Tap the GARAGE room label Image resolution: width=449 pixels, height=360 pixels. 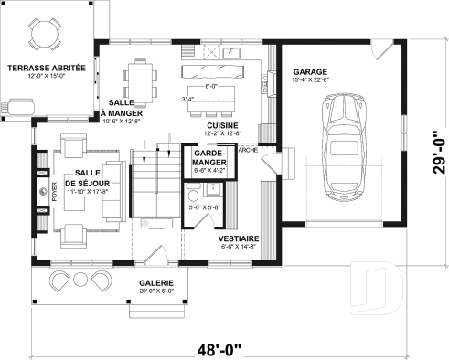coord(311,71)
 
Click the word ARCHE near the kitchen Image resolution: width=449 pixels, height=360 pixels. coord(247,151)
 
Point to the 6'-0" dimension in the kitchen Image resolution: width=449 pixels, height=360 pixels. coord(211,86)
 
